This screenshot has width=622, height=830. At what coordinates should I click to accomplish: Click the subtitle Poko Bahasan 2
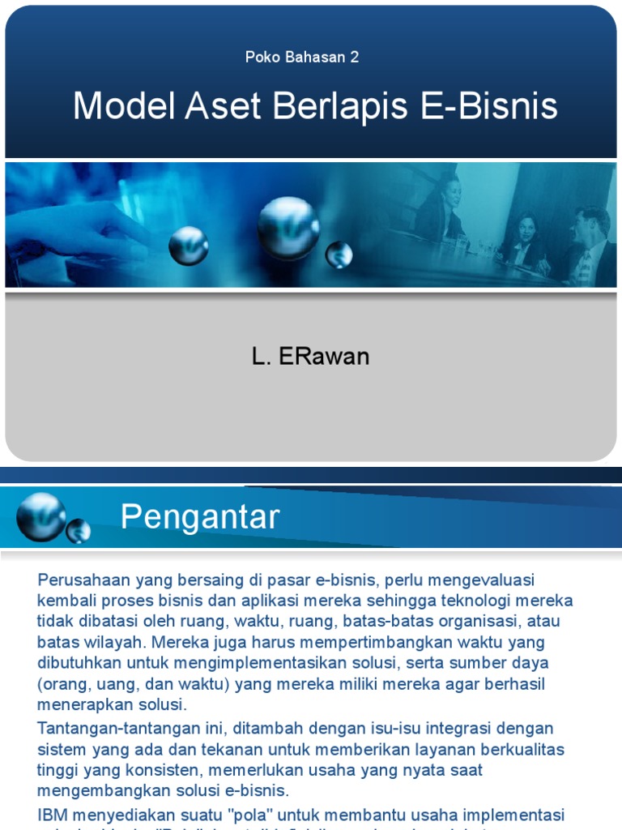click(302, 57)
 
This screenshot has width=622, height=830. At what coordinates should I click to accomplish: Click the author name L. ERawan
click(310, 357)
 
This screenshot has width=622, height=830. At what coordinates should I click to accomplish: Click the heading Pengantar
click(200, 516)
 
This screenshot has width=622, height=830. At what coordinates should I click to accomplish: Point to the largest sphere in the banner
click(288, 228)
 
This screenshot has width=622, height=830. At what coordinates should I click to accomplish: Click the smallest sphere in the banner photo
click(339, 255)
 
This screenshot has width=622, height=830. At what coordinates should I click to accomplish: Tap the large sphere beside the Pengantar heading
click(40, 516)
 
